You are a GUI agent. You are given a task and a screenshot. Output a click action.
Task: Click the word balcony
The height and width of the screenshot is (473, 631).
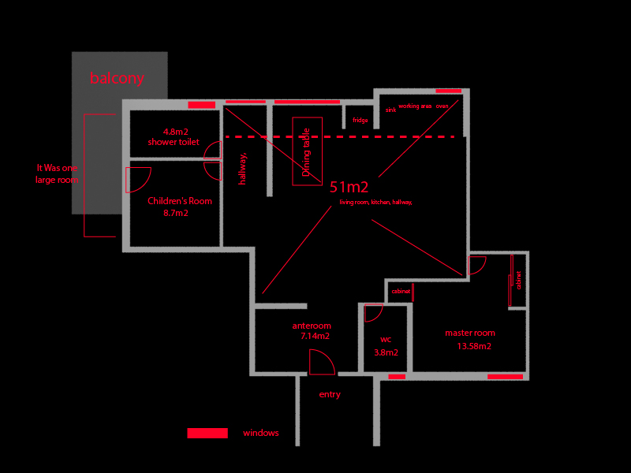[x=117, y=78]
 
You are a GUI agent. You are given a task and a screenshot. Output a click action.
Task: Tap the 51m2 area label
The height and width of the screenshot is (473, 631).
[x=349, y=187]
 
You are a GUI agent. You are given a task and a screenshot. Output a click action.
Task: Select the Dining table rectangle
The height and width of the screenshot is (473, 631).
[x=307, y=151]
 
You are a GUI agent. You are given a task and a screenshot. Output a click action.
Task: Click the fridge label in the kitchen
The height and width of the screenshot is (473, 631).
[x=360, y=121]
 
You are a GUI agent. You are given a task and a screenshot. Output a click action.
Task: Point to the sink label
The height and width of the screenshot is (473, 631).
[x=390, y=110]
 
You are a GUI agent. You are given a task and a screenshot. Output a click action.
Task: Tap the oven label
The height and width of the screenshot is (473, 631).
[x=442, y=106]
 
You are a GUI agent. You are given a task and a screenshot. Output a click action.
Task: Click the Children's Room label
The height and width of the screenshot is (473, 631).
[x=180, y=201]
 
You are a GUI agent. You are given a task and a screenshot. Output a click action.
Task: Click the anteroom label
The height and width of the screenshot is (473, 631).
[x=312, y=326]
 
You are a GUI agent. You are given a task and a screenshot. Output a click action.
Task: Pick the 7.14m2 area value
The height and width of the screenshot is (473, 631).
[x=315, y=336]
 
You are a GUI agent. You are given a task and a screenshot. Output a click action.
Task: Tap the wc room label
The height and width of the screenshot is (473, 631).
[x=386, y=340]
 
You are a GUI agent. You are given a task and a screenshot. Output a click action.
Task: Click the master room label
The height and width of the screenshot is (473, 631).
[x=470, y=333]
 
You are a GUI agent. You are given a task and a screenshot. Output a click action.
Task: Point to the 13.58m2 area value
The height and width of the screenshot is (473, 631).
[x=474, y=346]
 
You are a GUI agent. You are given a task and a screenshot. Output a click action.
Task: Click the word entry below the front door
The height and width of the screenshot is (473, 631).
[x=330, y=394]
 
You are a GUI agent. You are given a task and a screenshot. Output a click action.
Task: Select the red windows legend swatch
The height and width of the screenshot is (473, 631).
[x=207, y=433]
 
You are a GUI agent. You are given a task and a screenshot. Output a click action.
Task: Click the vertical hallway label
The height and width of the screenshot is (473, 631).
[x=243, y=168]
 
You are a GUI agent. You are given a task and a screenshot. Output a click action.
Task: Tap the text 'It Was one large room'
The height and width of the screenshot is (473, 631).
[x=57, y=173]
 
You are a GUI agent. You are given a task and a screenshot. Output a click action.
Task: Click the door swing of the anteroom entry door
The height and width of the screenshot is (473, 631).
[x=321, y=362]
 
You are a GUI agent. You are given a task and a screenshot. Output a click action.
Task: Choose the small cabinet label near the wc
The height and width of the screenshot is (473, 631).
[x=401, y=292]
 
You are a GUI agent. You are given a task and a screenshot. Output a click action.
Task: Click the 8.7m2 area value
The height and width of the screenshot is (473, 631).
[x=175, y=213]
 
